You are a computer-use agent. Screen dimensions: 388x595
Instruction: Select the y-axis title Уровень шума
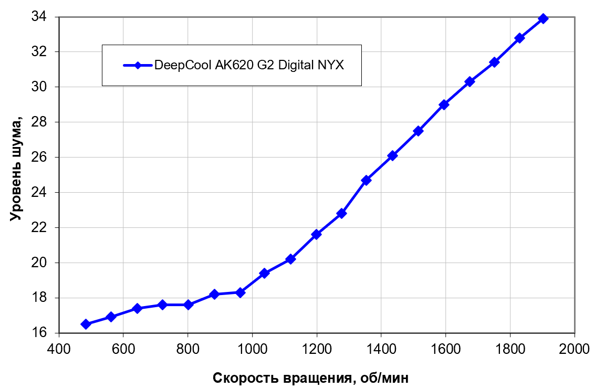pyautogui.click(x=16, y=169)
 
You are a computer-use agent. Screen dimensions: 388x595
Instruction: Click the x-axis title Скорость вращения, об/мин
pyautogui.click(x=310, y=377)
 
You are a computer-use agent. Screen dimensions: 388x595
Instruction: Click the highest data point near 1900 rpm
pyautogui.click(x=544, y=18)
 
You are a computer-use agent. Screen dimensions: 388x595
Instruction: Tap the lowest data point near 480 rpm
pyautogui.click(x=86, y=324)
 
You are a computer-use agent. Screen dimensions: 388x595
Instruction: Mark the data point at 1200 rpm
pyautogui.click(x=317, y=234)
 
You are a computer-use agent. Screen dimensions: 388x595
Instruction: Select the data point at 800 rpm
pyautogui.click(x=188, y=305)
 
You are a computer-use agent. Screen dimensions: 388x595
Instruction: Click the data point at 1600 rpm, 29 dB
pyautogui.click(x=444, y=104)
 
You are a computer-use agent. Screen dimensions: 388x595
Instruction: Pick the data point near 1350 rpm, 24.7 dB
pyautogui.click(x=367, y=180)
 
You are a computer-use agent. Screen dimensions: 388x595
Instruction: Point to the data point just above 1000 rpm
pyautogui.click(x=265, y=273)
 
